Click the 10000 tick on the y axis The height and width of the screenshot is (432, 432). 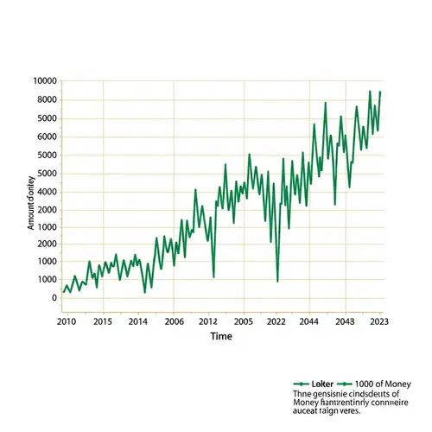44,81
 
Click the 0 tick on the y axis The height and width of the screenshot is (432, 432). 54,298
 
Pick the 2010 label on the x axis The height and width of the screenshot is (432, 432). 67,321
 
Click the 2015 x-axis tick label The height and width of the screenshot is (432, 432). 103,321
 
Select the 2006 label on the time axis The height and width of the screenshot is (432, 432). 174,321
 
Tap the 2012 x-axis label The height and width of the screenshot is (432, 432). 208,321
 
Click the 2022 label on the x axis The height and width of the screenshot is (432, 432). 276,321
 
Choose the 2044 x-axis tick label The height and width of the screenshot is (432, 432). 310,321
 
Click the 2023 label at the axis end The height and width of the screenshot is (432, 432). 378,321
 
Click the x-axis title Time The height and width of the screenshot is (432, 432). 221,337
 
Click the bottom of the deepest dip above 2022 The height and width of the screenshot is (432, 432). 277,281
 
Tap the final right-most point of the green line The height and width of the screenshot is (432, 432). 380,92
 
